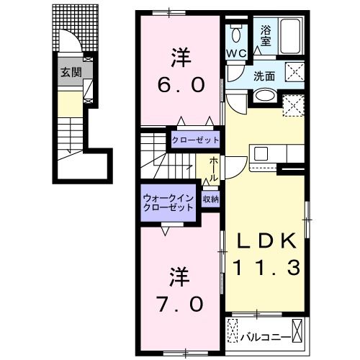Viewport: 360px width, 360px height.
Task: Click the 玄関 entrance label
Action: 70,72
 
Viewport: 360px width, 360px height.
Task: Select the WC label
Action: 238,54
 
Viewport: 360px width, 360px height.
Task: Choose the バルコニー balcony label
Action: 270,336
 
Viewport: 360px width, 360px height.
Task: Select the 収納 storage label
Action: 210,198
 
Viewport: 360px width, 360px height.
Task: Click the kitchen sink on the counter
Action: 261,153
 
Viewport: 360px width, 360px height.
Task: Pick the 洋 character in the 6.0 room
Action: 180,55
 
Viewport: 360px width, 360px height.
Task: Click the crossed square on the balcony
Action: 233,333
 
